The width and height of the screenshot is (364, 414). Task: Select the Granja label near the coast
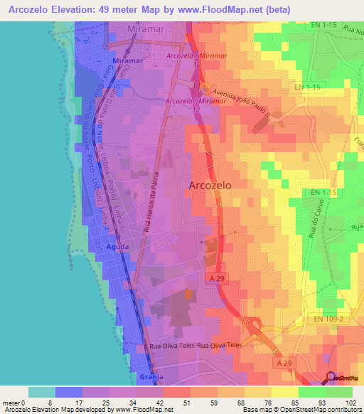(147, 376)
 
